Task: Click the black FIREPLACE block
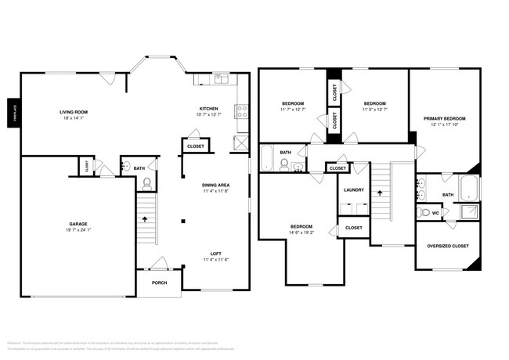pyautogui.click(x=13, y=112)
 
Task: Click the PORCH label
pyautogui.click(x=159, y=283)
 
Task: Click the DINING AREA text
pyautogui.click(x=215, y=185)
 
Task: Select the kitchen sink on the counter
pyautogui.click(x=222, y=78)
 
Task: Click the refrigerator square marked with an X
pyautogui.click(x=241, y=142)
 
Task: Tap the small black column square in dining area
pyautogui.click(x=183, y=221)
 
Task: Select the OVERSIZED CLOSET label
pyautogui.click(x=448, y=246)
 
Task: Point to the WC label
pyautogui.click(x=435, y=212)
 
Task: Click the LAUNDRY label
pyautogui.click(x=354, y=189)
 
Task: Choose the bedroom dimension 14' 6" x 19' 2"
pyautogui.click(x=301, y=232)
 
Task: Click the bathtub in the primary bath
pyautogui.click(x=469, y=188)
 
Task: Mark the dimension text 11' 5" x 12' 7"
pyautogui.click(x=374, y=110)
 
